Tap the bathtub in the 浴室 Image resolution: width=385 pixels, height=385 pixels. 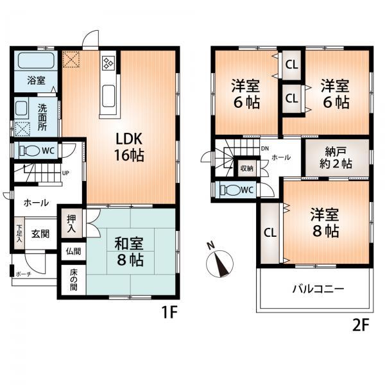[x=35, y=62]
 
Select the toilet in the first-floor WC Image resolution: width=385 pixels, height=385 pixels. [x=30, y=151]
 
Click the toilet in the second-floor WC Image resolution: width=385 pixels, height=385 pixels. [x=230, y=191]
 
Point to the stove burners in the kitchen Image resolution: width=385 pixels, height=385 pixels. [x=107, y=64]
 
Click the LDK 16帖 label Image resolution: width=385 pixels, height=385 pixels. [x=129, y=147]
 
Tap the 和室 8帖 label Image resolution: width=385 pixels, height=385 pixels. [x=129, y=252]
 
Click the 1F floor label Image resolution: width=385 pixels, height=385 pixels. [x=169, y=313]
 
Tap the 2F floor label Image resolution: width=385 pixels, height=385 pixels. [x=361, y=325]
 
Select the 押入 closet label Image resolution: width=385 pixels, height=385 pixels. [x=71, y=223]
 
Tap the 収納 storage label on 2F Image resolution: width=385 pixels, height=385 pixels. [x=246, y=168]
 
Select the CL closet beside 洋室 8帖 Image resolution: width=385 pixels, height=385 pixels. [x=269, y=232]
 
